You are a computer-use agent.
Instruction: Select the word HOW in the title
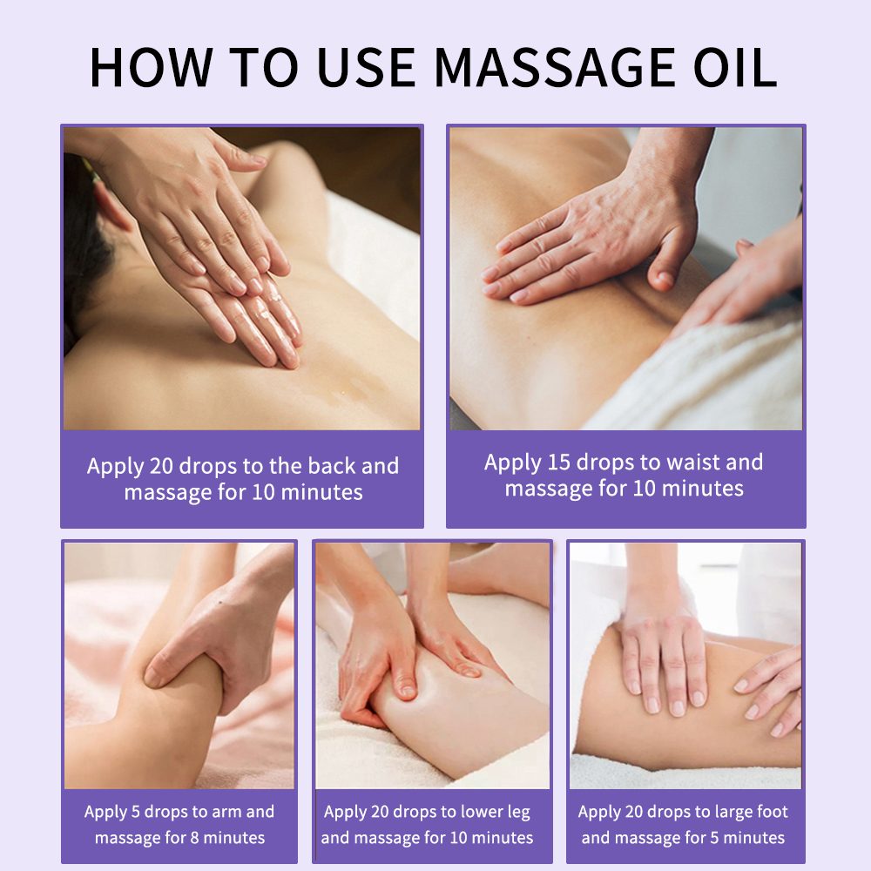coord(151,67)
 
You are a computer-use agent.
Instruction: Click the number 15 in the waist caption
coord(559,463)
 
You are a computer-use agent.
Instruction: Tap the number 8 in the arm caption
coord(194,838)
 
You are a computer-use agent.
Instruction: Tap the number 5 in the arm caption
coord(136,812)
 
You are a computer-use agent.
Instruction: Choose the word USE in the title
coord(367,67)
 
